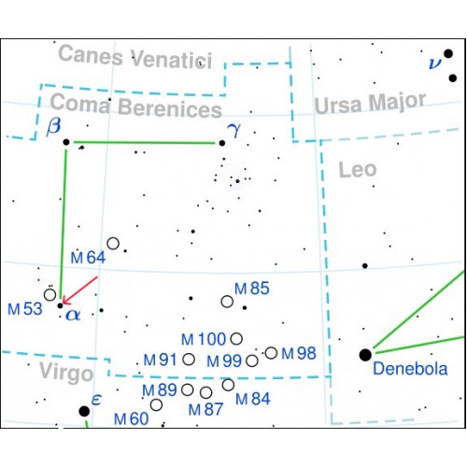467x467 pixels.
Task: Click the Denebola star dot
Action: [365, 355]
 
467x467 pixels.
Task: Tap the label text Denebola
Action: [410, 369]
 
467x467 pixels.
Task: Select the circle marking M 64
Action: [113, 243]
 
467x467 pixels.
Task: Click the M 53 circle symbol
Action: [50, 294]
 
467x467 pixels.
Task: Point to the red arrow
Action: [80, 290]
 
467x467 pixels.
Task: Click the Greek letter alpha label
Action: [73, 315]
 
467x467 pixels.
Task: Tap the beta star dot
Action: [66, 142]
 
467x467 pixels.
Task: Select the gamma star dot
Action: [222, 143]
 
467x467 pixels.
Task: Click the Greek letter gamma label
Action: [234, 130]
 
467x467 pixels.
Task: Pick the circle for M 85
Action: [227, 302]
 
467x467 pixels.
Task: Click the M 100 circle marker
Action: [236, 338]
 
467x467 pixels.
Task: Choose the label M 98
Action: [299, 353]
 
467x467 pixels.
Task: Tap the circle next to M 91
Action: [189, 359]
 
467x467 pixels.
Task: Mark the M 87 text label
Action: [205, 409]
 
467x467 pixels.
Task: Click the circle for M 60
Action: [156, 404]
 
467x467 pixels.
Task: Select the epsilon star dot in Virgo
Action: [84, 411]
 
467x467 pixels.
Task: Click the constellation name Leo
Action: [358, 170]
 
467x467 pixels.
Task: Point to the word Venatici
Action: [172, 59]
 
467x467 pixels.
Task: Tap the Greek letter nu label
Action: [435, 64]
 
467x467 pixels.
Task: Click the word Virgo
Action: [66, 373]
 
